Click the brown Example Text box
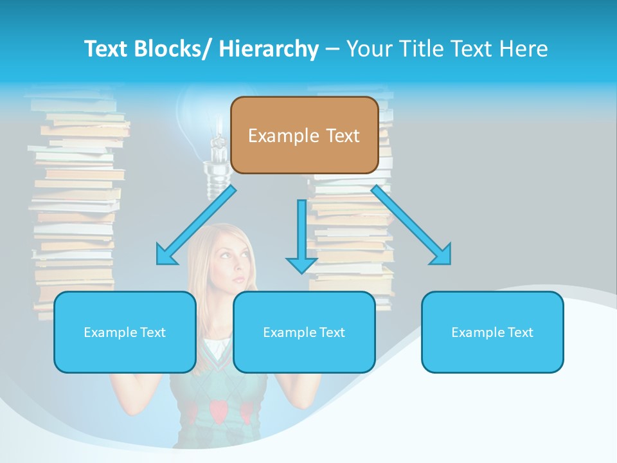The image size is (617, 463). tap(304, 136)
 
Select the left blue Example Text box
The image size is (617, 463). tap(125, 332)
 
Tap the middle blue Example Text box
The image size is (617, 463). tap(304, 332)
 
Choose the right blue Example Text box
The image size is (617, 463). tap(492, 332)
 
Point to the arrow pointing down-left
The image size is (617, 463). tap(196, 225)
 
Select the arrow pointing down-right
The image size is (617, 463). tap(411, 225)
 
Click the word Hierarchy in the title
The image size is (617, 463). tap(268, 49)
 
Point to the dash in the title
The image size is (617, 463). tap(332, 49)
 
